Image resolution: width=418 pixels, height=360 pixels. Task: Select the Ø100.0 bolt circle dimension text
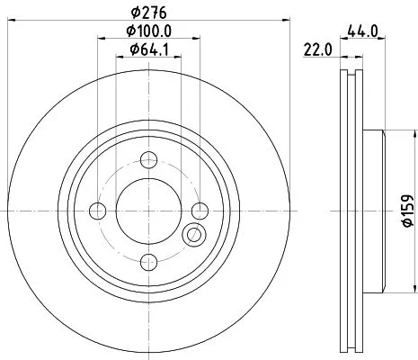[148, 31]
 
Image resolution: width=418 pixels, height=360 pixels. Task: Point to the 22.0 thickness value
[312, 51]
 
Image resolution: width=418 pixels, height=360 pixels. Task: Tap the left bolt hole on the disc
[98, 211]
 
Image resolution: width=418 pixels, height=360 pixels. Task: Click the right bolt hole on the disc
[200, 211]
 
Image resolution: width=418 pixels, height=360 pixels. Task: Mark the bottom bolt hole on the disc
[148, 263]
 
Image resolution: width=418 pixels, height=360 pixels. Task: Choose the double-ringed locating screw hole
[193, 237]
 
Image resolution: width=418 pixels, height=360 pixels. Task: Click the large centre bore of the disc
[148, 211]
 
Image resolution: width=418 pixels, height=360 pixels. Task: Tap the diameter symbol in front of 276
[135, 11]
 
